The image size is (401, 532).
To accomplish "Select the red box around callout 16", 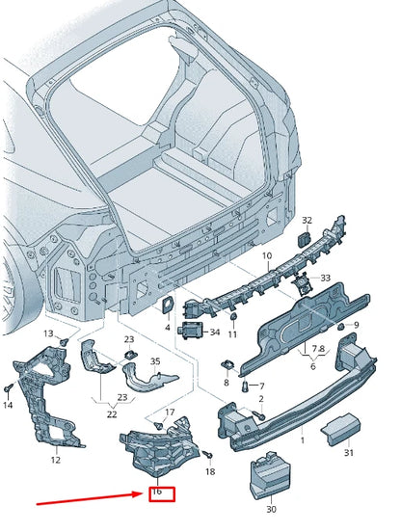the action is coord(162,494).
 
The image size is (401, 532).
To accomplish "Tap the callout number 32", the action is coord(307,220).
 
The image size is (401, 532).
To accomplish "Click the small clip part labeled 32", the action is coord(304,240).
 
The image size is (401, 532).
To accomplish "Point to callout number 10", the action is coord(267,255).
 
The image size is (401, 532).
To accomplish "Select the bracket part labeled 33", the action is coord(301,283).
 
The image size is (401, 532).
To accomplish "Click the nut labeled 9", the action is coord(341,327).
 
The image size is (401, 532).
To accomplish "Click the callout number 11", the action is coord(232,334).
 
